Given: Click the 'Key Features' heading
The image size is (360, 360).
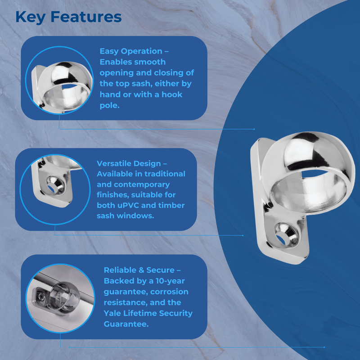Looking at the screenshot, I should click(68, 17).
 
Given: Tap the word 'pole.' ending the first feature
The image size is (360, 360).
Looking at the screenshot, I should click(110, 105).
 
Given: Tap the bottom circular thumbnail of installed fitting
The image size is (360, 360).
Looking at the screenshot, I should click(57, 297).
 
